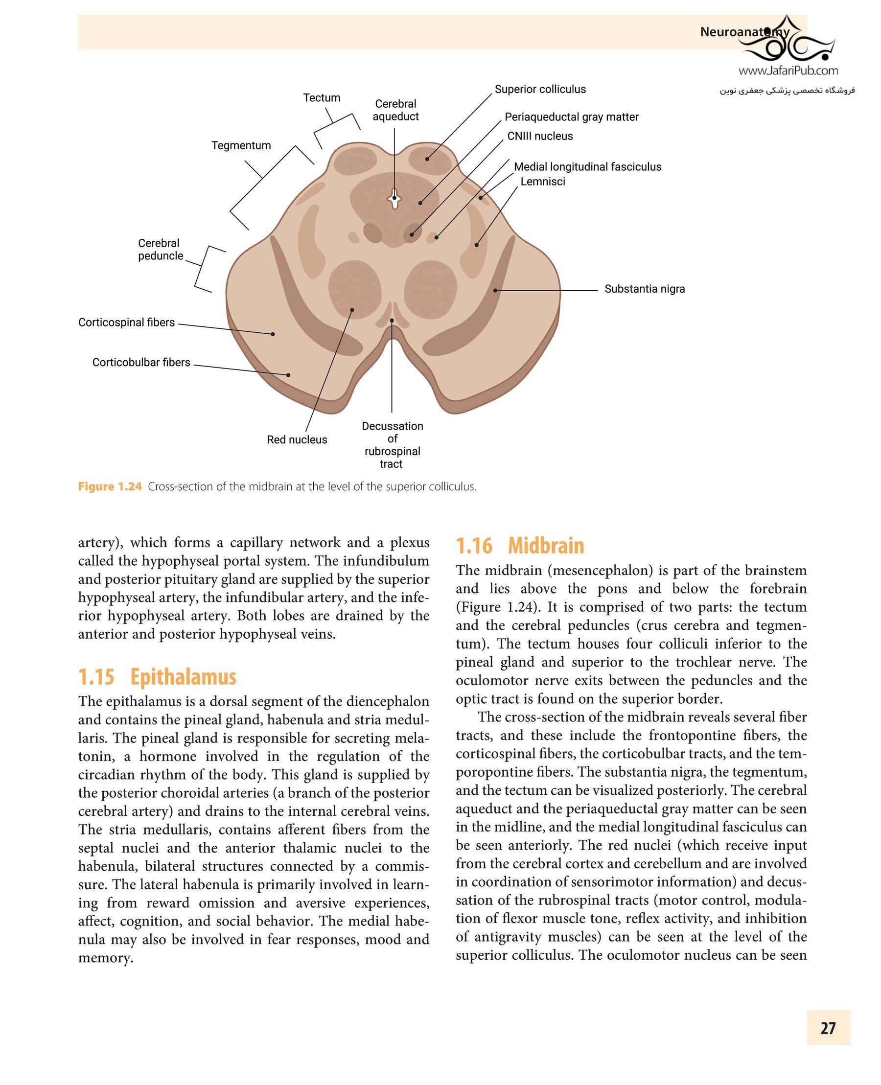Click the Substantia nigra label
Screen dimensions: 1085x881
click(x=644, y=289)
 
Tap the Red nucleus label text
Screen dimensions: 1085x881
click(x=297, y=439)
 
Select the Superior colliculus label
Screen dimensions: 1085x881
click(x=540, y=90)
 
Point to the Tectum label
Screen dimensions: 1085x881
click(x=321, y=98)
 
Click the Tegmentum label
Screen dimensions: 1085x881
click(x=241, y=146)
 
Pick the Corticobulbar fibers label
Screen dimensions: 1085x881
click(x=141, y=362)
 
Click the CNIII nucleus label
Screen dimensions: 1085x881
click(x=539, y=136)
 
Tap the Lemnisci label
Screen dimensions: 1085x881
click(x=542, y=182)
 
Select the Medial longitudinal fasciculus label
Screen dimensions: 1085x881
click(x=587, y=167)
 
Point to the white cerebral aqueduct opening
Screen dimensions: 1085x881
click(x=394, y=199)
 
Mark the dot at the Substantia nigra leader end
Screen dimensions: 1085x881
click(x=495, y=290)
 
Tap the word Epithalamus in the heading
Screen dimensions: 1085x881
click(x=183, y=677)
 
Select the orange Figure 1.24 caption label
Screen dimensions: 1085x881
click(x=110, y=486)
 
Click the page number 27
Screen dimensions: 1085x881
click(x=828, y=1028)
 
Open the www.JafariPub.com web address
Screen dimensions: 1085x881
click(x=788, y=71)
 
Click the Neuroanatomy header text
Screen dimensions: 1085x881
click(x=744, y=32)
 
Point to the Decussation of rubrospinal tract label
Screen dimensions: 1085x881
click(x=392, y=444)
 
